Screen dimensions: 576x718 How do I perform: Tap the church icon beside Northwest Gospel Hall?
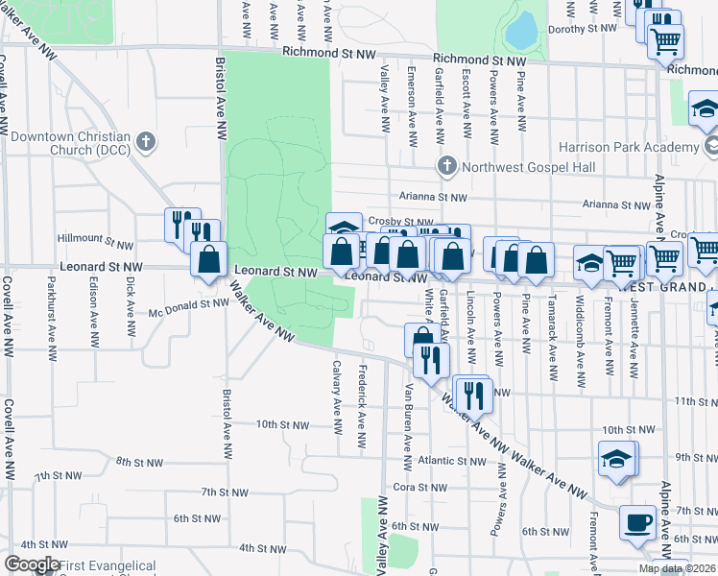445,167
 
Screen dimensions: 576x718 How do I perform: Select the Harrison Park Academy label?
631,147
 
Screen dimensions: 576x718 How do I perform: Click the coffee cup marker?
638,524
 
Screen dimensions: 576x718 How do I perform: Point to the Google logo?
31,564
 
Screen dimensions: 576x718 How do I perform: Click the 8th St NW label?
137,462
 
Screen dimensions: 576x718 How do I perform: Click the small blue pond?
522,32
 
